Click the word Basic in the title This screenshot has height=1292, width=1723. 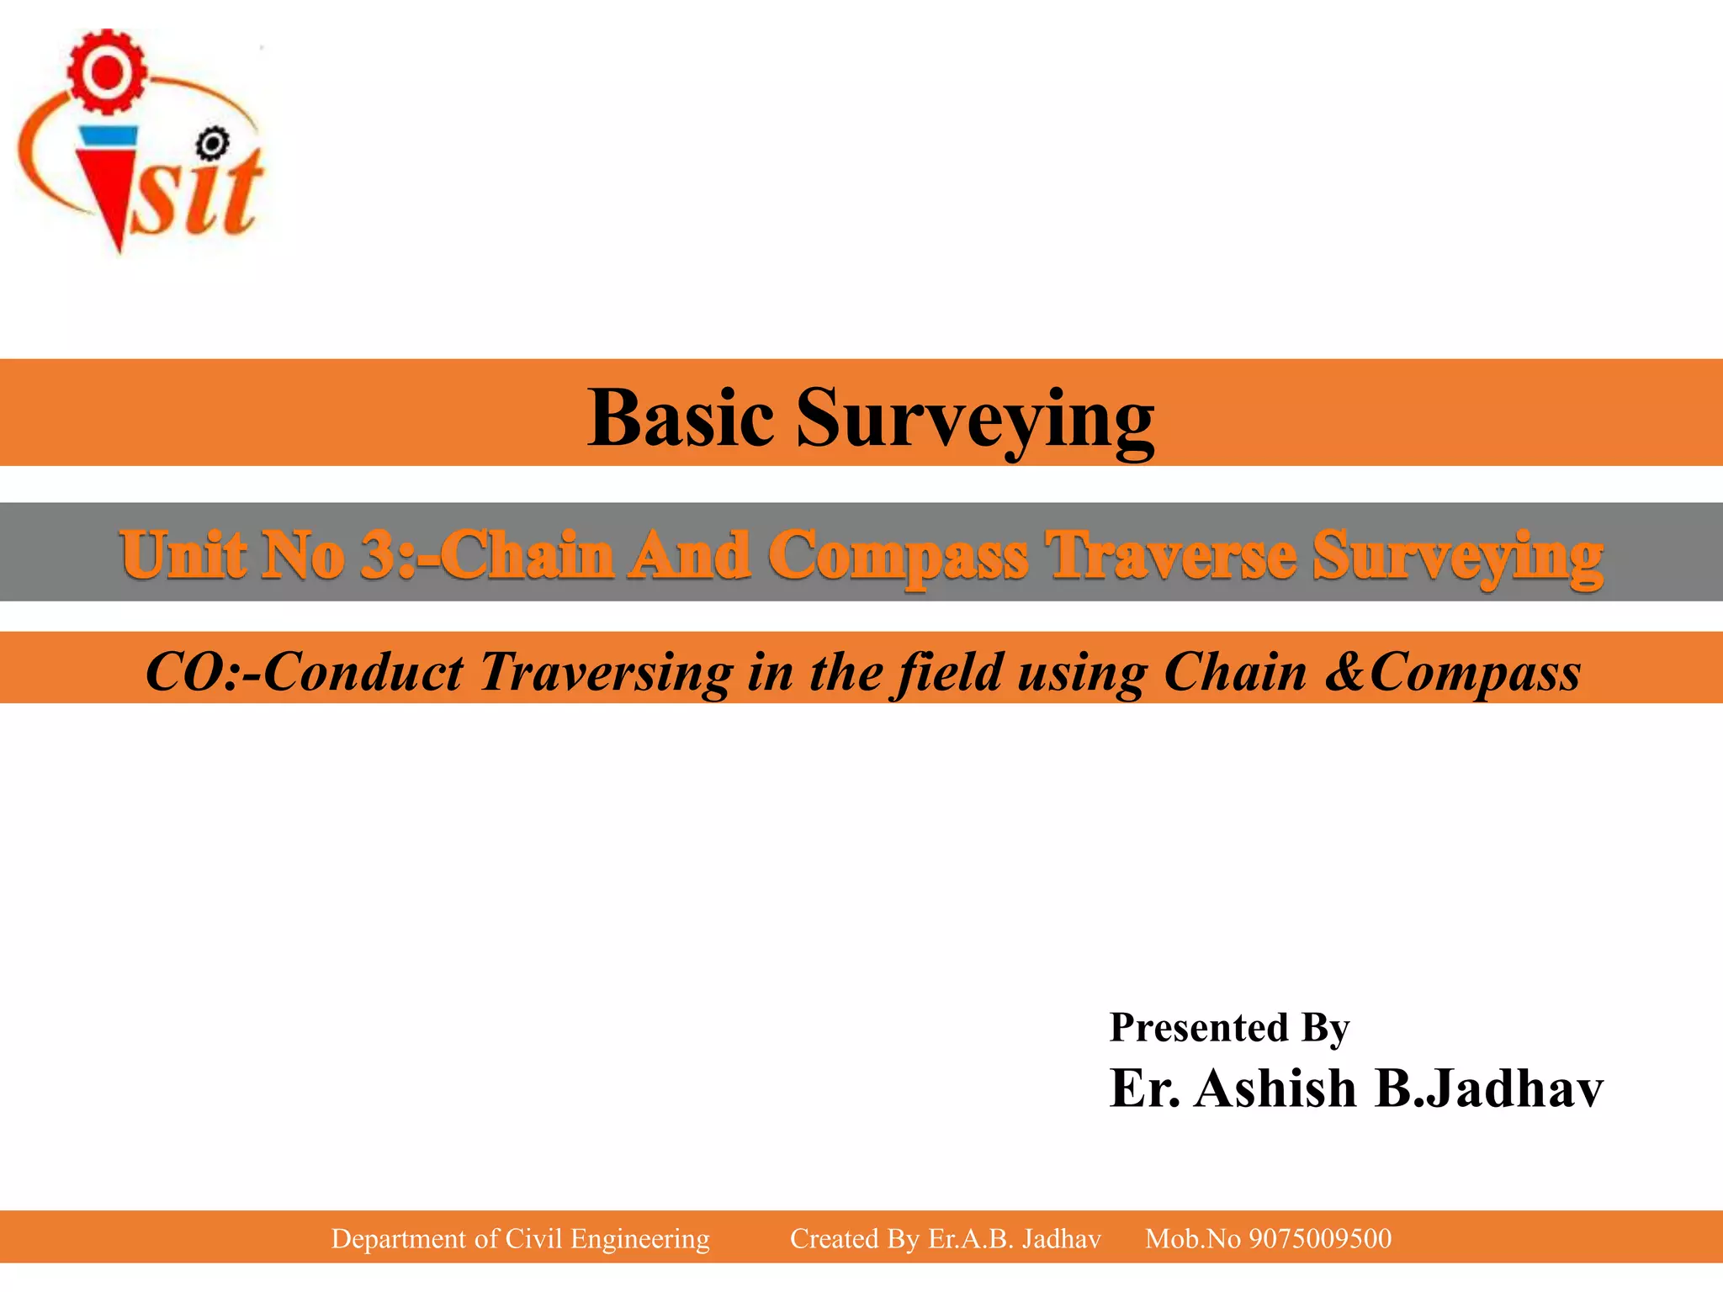(680, 418)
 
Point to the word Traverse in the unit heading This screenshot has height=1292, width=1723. (1169, 554)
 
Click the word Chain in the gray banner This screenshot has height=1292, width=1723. (527, 554)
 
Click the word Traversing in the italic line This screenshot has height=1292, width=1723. (606, 672)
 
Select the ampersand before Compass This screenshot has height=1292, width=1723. (1345, 672)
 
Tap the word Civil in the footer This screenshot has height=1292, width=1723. (533, 1238)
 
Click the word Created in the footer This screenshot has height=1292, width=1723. (834, 1238)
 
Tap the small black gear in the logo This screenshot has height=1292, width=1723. (212, 144)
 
